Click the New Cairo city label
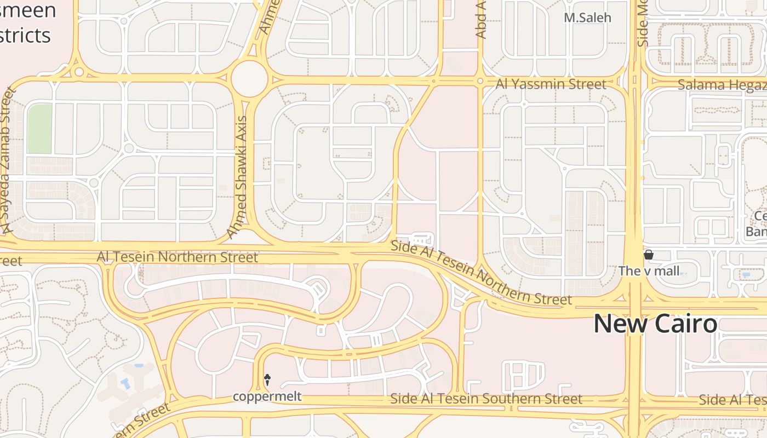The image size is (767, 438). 655,324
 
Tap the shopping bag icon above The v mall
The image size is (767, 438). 649,255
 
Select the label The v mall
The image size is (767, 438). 649,270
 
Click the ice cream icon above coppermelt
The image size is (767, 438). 267,379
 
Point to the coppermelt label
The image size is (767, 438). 267,396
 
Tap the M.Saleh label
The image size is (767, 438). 587,18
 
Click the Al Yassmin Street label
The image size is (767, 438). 551,84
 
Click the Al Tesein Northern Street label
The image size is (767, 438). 177,257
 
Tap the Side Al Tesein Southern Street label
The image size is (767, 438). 486,399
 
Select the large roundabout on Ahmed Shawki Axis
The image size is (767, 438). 249,79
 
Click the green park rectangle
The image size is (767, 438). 39,129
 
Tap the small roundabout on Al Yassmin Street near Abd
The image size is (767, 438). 480,81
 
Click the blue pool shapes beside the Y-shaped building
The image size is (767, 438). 126,382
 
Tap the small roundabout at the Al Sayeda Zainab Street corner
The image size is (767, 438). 79,72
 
